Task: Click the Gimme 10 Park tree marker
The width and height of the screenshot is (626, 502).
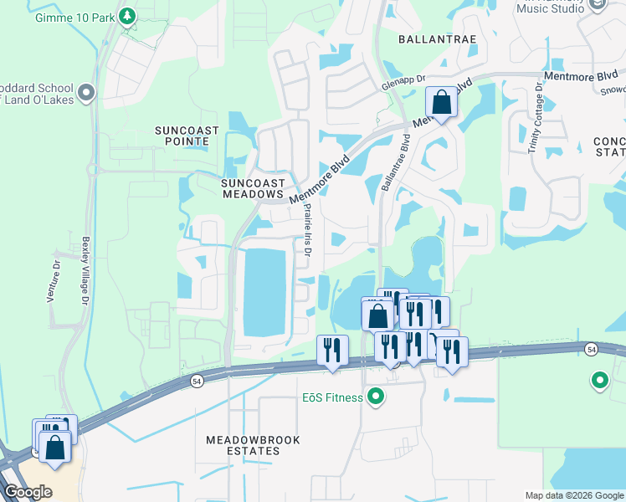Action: coord(126,16)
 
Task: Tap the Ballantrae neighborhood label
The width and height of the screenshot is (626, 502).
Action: coord(431,38)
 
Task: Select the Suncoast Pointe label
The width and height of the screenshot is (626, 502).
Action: coord(182,136)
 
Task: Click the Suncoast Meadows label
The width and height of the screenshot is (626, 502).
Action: coord(253,188)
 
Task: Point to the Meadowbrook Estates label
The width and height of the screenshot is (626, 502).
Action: coord(243,445)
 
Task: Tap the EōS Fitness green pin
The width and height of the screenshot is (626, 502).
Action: coord(376,397)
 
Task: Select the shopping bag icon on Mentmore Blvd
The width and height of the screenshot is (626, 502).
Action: coord(442,103)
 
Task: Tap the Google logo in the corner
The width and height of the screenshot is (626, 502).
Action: coord(28,492)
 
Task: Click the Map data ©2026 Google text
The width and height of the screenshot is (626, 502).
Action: coord(574,495)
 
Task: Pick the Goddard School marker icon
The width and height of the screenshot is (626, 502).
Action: coord(85,91)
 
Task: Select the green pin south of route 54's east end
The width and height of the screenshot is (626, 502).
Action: coord(599,382)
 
